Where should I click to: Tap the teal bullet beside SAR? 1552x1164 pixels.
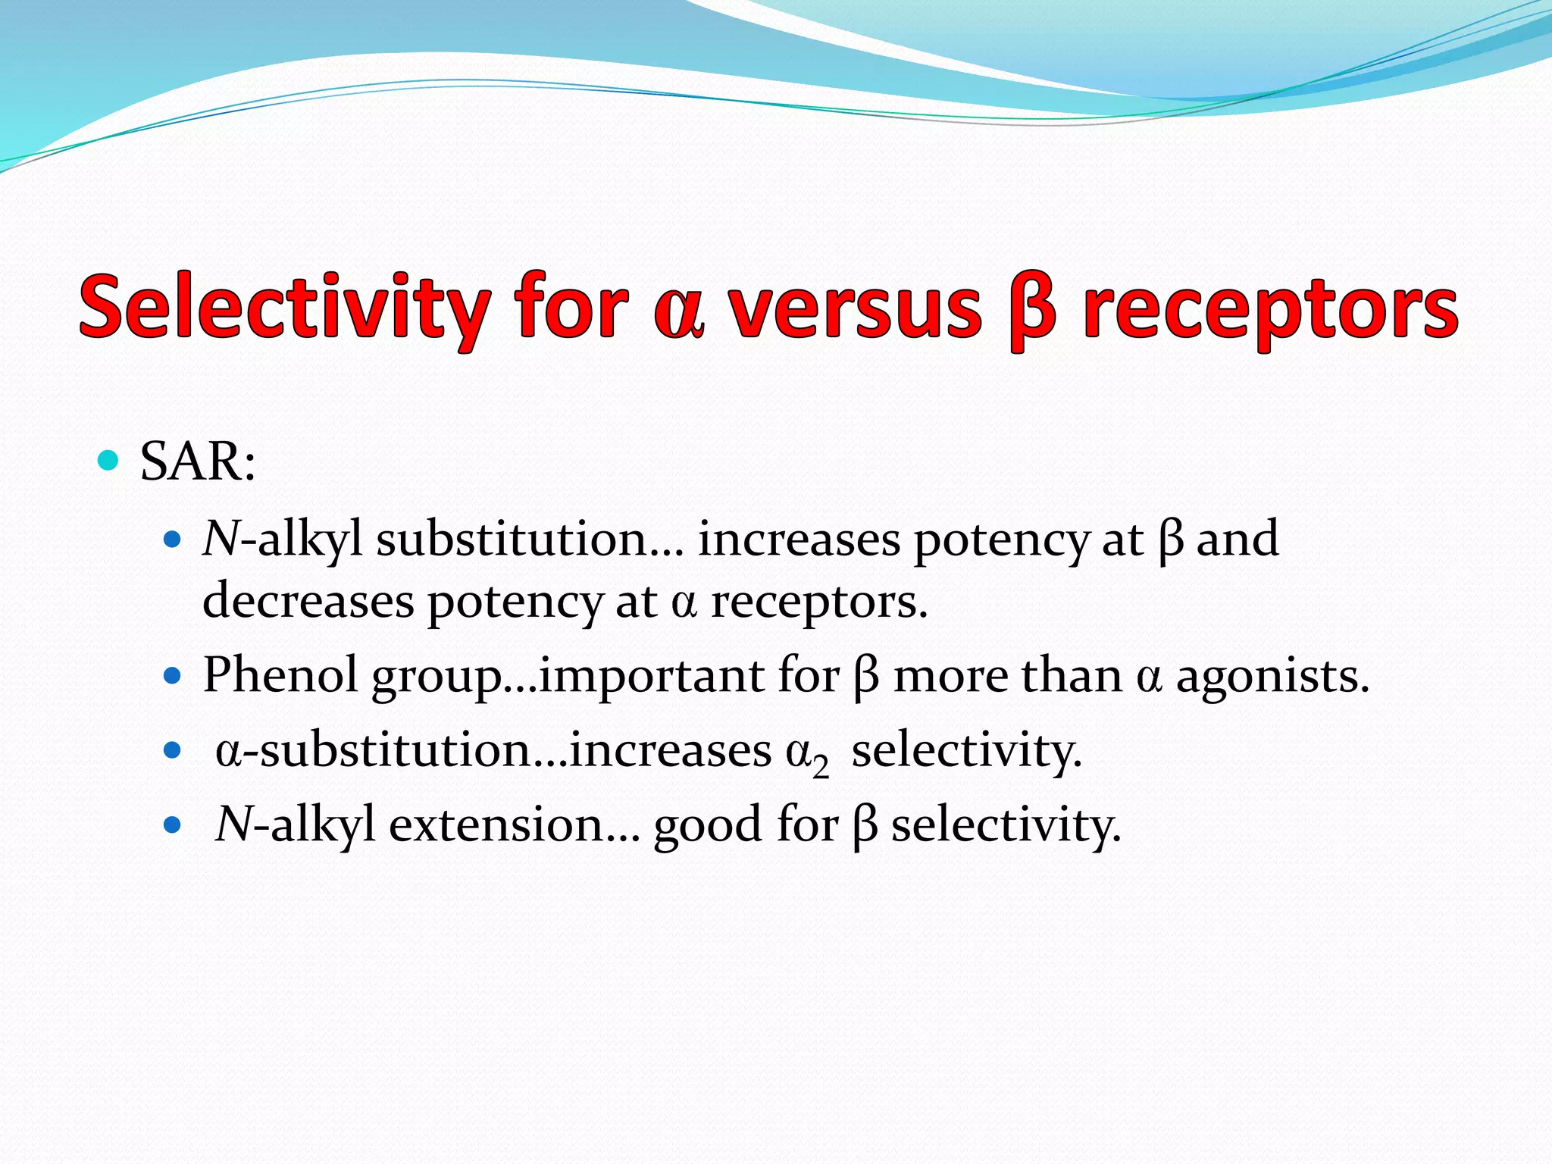pyautogui.click(x=109, y=460)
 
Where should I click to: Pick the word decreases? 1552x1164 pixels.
pyautogui.click(x=308, y=601)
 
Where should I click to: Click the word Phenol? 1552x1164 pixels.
pyautogui.click(x=280, y=674)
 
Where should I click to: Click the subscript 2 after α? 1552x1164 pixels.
pyautogui.click(x=821, y=767)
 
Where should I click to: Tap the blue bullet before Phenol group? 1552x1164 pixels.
pyautogui.click(x=174, y=675)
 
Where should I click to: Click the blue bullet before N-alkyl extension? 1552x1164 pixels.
pyautogui.click(x=174, y=825)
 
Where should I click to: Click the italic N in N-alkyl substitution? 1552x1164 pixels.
pyautogui.click(x=221, y=540)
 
